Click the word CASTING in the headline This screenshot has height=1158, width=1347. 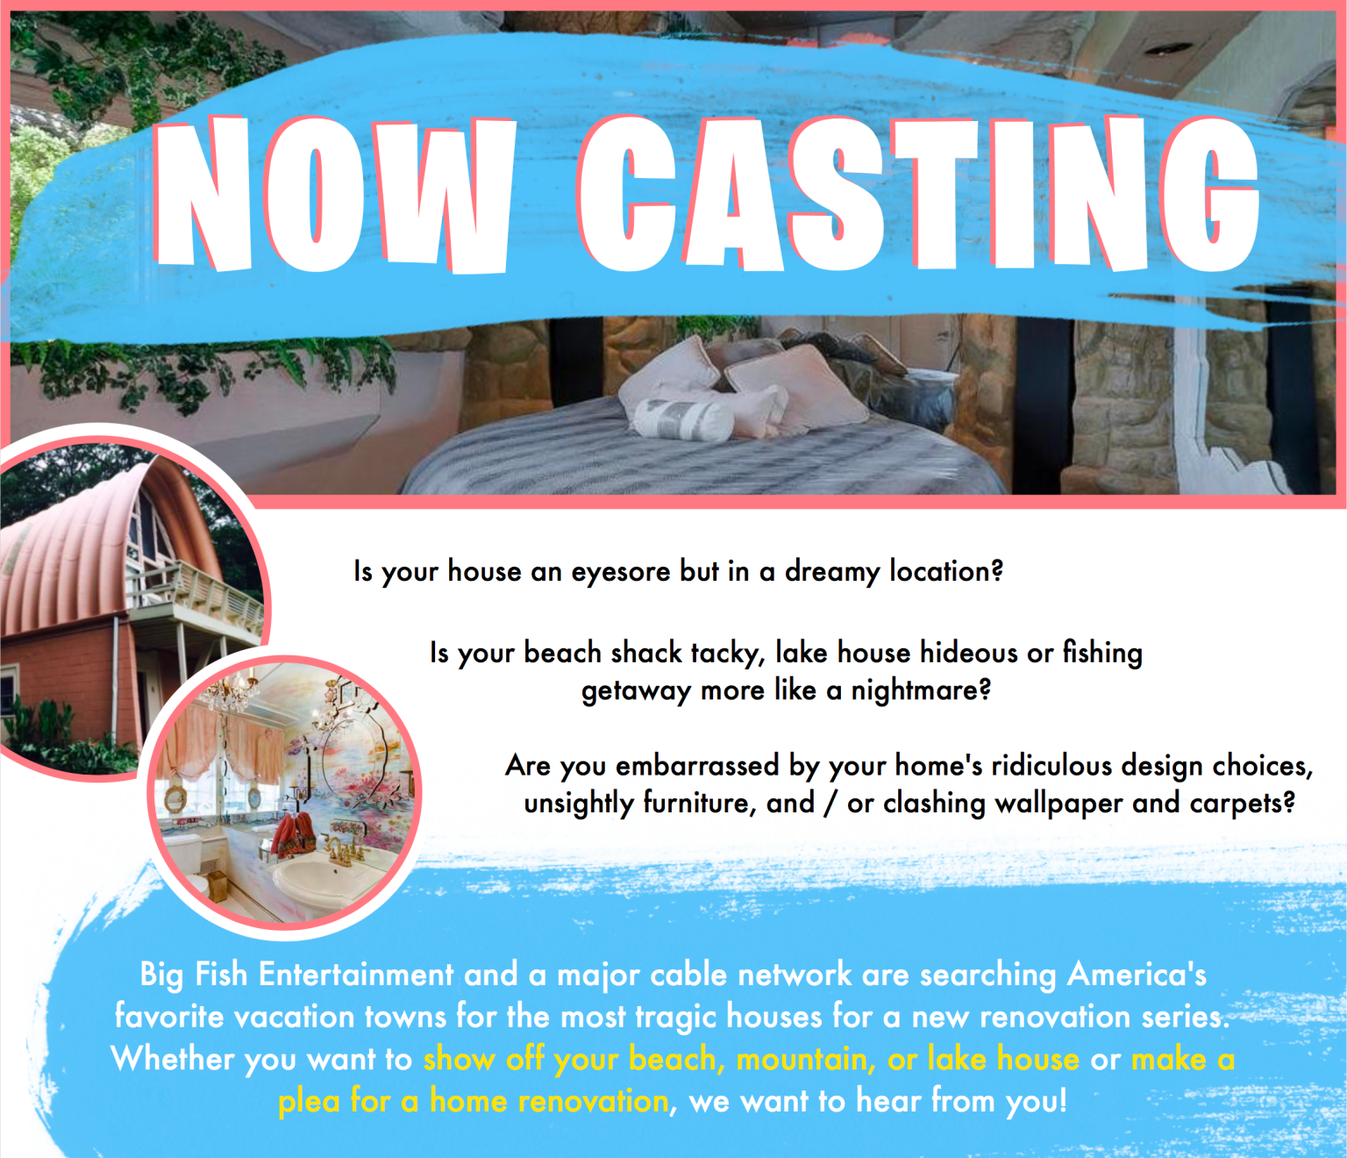(919, 195)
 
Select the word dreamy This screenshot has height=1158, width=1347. (831, 572)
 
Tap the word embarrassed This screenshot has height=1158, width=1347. (697, 766)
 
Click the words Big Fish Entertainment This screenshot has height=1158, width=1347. (296, 975)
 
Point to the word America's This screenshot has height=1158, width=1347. (1137, 975)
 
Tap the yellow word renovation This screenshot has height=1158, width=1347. (593, 1101)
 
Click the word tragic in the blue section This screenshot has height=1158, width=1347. (675, 1017)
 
